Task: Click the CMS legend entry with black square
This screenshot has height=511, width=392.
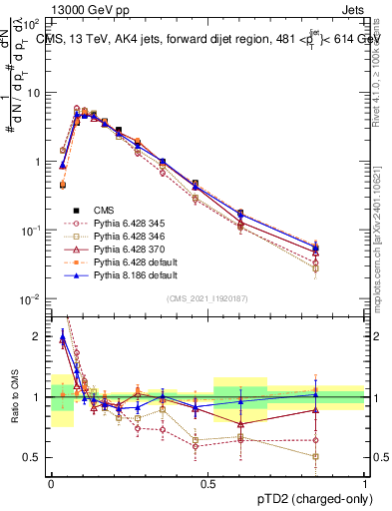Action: pyautogui.click(x=105, y=210)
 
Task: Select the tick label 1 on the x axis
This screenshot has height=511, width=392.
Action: pyautogui.click(x=365, y=482)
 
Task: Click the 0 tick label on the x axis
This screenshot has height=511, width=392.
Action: pyautogui.click(x=50, y=482)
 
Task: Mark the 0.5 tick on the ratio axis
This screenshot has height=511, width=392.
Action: pyautogui.click(x=32, y=457)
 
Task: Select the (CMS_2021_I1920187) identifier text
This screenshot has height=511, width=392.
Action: pyautogui.click(x=207, y=299)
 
